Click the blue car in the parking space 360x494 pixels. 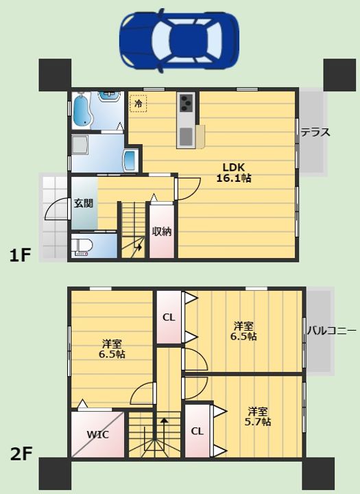179,40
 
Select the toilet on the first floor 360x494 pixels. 82,246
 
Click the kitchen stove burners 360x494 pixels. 186,102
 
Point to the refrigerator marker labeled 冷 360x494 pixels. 139,104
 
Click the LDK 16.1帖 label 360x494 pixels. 233,173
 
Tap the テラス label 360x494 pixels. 315,132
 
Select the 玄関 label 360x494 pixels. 84,203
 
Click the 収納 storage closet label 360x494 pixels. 162,232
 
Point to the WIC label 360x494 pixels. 97,435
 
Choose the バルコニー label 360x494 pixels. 332,331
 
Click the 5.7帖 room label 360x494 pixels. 258,416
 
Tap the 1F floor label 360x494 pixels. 20,255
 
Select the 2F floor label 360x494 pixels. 21,454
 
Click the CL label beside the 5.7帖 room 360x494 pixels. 197,431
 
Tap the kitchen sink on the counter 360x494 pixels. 186,136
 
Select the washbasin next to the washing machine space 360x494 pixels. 130,161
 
